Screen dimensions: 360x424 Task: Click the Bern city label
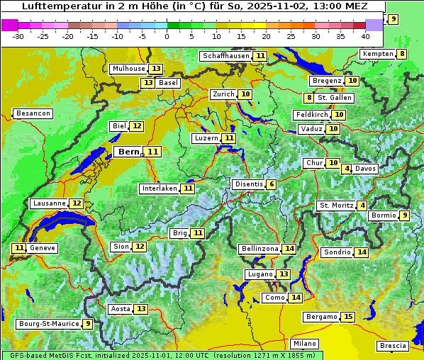128,152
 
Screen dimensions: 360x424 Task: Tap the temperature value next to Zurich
245,94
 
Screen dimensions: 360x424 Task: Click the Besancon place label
33,113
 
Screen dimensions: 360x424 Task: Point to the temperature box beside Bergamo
347,317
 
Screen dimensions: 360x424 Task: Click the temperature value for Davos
347,169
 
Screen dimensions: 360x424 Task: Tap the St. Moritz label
336,206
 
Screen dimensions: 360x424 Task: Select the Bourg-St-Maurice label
48,324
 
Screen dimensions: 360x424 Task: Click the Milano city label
300,343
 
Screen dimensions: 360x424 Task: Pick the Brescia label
393,346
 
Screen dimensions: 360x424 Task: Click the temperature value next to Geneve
18,248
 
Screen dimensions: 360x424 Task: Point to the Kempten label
376,54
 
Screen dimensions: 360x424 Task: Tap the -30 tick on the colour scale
18,36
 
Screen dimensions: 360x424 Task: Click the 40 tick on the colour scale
365,36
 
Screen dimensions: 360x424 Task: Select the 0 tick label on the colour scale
167,36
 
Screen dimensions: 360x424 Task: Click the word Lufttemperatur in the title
54,6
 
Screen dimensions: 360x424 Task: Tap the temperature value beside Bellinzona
289,249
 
